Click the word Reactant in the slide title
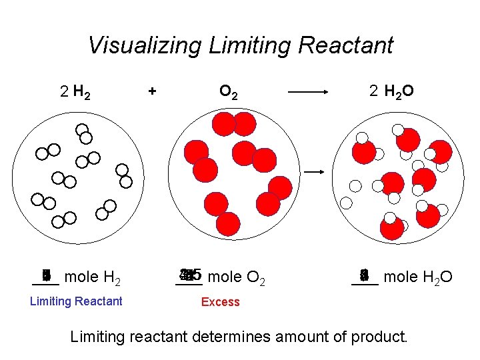point(347,45)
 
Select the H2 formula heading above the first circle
point(83,93)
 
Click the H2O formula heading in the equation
point(399,93)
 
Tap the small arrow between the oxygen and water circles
point(315,172)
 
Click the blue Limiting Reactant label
point(76,301)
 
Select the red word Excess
point(220,302)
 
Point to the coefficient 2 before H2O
point(374,92)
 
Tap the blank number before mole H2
point(46,275)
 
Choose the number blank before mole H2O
point(364,275)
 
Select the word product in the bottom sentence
point(381,337)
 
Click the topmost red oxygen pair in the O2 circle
point(234,124)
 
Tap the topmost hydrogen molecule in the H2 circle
point(83,133)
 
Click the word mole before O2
point(225,277)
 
